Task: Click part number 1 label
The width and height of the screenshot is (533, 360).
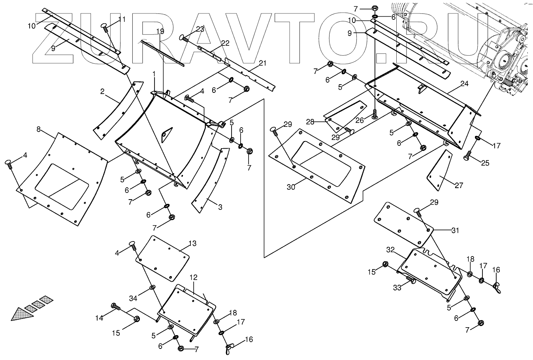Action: [154, 74]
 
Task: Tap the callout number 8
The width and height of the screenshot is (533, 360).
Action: [38, 129]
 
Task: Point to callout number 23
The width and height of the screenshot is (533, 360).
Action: [200, 29]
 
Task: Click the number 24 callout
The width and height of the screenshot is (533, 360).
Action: [464, 84]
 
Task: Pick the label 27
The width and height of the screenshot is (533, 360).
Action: [459, 185]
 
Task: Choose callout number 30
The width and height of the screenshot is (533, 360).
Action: [291, 187]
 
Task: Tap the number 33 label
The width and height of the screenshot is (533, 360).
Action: [397, 288]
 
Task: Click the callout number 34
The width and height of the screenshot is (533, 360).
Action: [134, 297]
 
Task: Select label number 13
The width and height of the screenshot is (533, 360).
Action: [192, 243]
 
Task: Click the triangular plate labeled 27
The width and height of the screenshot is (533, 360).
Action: [439, 171]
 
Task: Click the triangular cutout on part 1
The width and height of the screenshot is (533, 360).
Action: [167, 134]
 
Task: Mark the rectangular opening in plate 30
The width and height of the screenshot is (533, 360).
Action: [320, 162]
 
